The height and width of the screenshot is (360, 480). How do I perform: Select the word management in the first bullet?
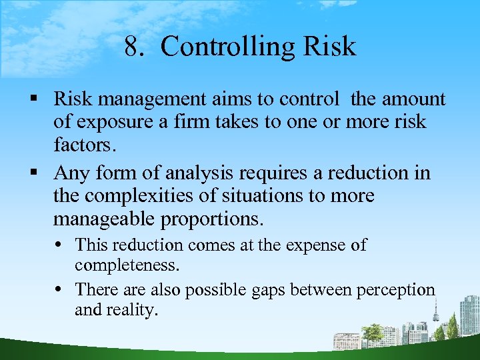(x=155, y=100)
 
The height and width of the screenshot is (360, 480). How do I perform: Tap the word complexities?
(x=144, y=197)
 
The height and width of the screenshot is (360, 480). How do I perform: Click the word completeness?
(x=127, y=266)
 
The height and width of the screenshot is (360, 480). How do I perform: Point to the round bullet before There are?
(x=66, y=291)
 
